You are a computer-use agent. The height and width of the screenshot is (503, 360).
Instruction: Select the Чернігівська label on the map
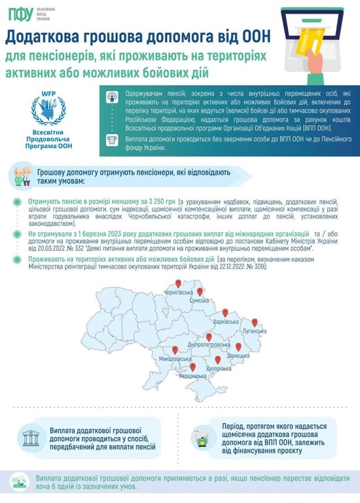[178, 292]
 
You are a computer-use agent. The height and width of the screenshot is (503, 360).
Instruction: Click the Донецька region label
[238, 356]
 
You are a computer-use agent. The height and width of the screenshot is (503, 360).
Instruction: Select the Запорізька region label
[217, 369]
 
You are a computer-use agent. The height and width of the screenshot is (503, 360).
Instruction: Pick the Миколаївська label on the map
[175, 359]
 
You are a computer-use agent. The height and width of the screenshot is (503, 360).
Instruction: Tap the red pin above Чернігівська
[178, 284]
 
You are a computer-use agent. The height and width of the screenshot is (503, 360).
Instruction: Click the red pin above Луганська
[255, 323]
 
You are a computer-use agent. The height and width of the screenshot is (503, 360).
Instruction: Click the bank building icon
[30, 438]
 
